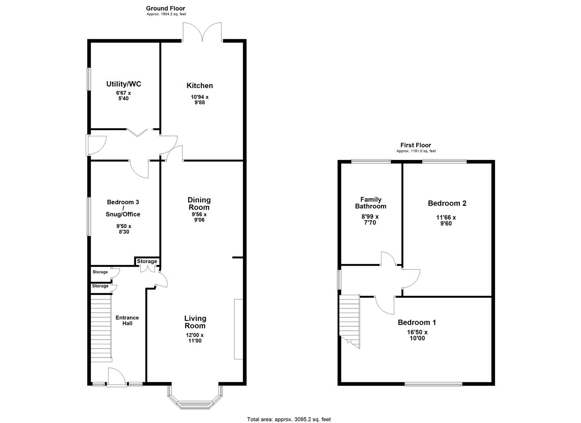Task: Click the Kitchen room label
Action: coord(200,86)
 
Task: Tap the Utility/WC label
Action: coord(124,84)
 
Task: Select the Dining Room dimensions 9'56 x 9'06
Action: coord(199,217)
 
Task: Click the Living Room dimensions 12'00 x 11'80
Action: coord(195,338)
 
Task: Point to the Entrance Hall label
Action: coord(127,320)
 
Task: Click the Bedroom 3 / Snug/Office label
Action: coord(123,208)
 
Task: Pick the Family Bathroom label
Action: coord(371,203)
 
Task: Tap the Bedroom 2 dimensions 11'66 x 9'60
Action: coord(446,221)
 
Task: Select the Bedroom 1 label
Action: coord(417,322)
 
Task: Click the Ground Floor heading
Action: coord(165,8)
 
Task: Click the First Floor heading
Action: coord(416,145)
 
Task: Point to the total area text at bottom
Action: coord(289,419)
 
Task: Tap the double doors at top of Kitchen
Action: coord(202,32)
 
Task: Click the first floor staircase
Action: coord(349,319)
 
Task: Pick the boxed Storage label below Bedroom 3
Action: coord(147,262)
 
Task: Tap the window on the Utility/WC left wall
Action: coord(89,80)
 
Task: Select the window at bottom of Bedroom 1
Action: coord(433,384)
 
